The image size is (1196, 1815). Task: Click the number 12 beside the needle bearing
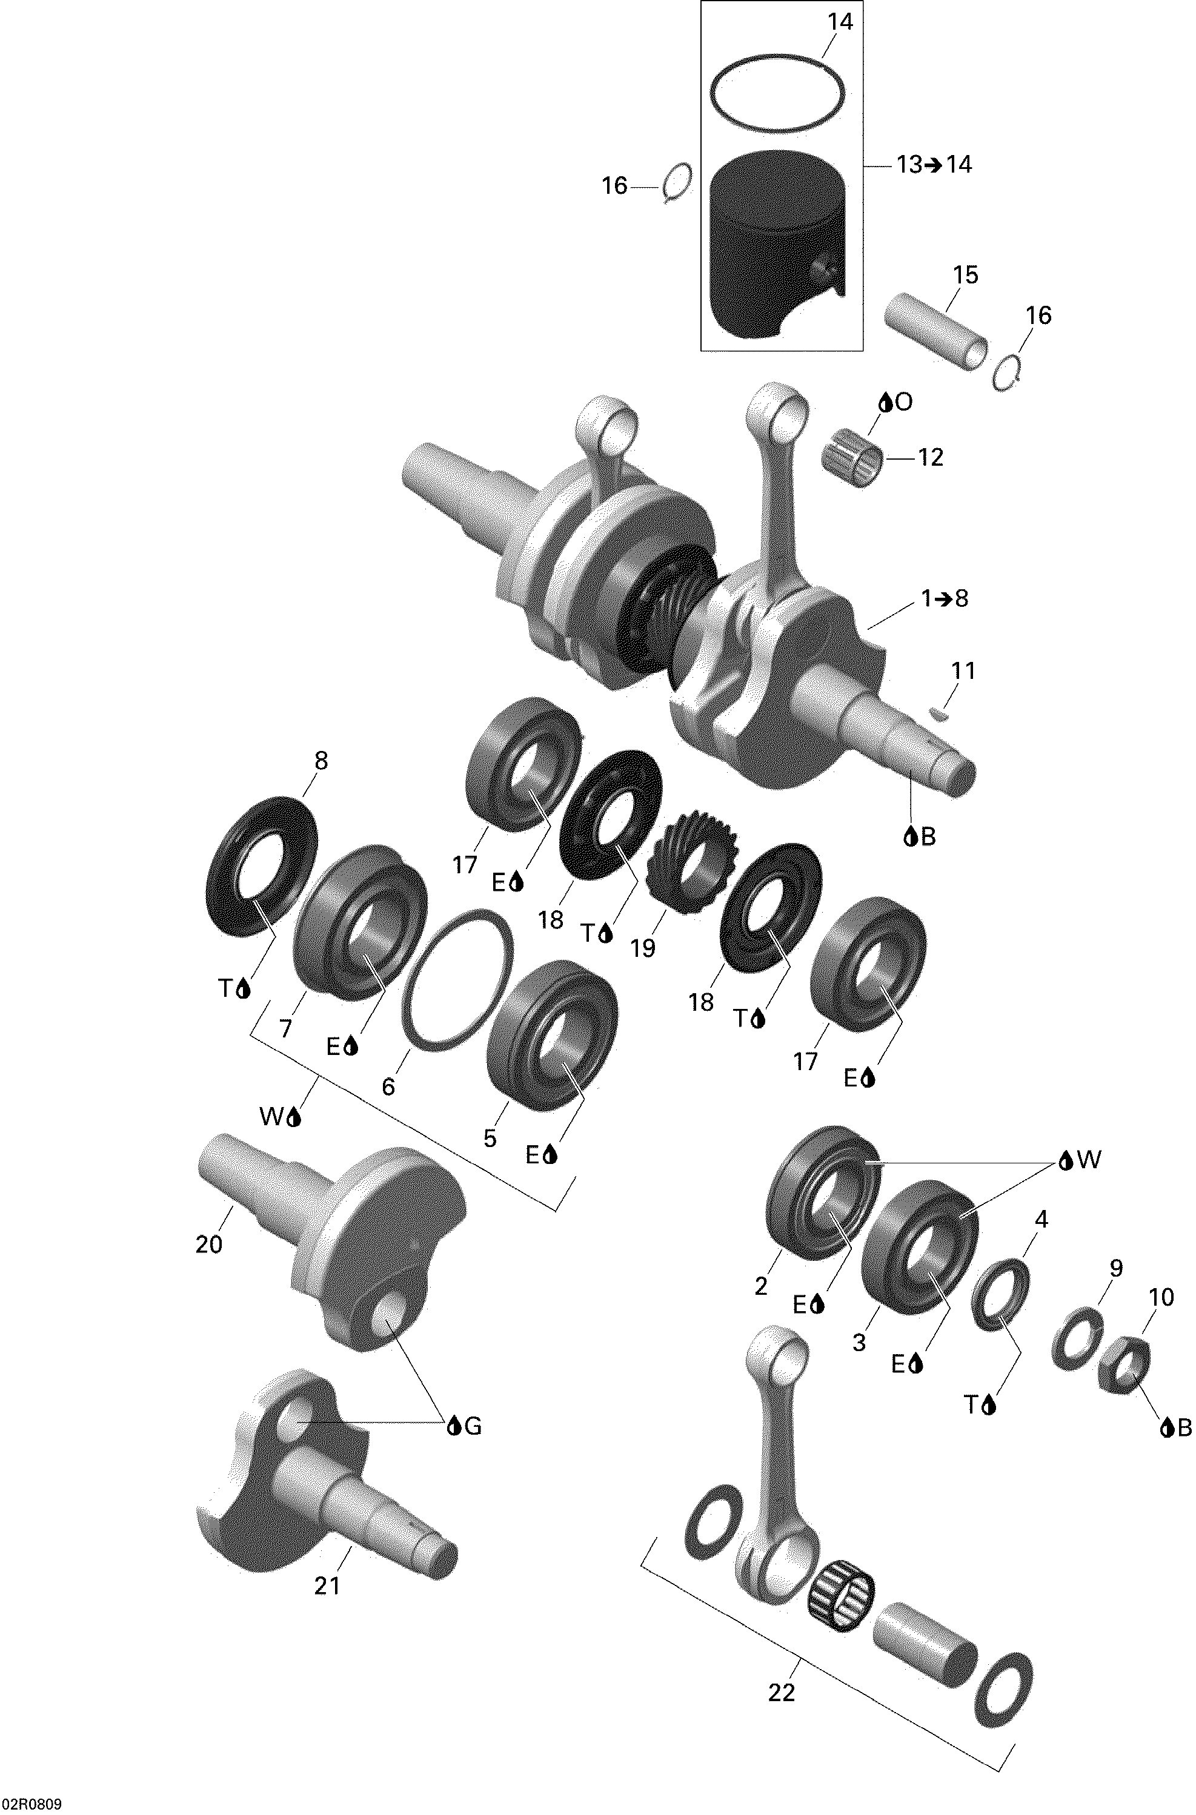click(x=931, y=458)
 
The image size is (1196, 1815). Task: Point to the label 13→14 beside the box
click(x=934, y=165)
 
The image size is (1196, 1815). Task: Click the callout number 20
click(x=209, y=1245)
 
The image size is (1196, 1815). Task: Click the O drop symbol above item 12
click(x=895, y=403)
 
